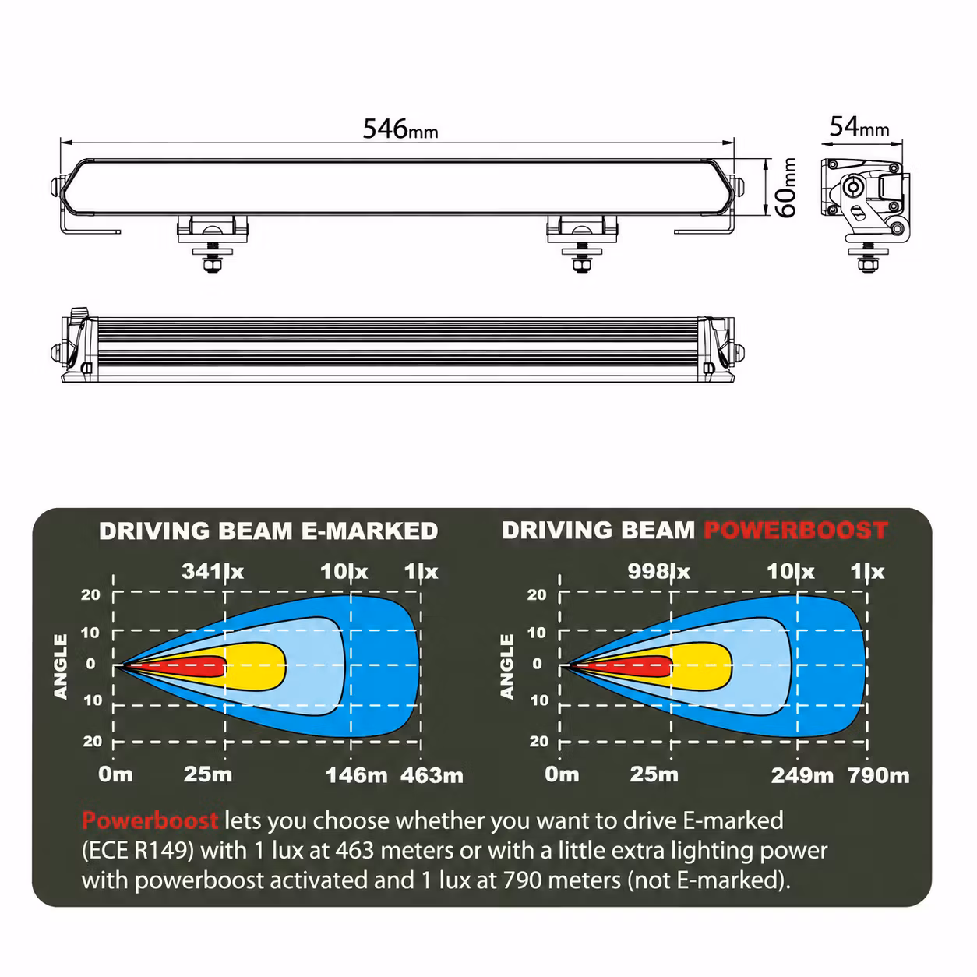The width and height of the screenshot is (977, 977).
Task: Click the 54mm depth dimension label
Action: (859, 127)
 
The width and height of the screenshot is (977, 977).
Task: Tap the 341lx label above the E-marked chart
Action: (213, 572)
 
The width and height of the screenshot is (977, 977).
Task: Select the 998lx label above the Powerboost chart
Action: (658, 572)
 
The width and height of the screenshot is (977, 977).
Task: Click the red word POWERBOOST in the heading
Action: (795, 531)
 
